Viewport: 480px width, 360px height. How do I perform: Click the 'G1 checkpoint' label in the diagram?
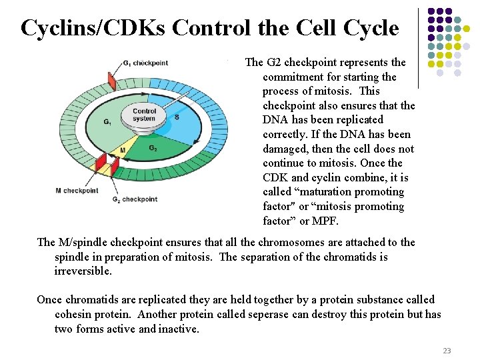click(145, 63)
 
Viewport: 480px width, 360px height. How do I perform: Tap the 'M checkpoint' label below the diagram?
click(77, 191)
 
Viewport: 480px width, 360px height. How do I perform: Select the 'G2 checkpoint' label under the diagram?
click(135, 199)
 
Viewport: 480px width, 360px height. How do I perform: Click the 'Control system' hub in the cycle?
click(144, 115)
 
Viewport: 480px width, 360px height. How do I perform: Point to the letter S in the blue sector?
click(176, 117)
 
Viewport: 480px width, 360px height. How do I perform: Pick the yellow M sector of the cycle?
click(122, 150)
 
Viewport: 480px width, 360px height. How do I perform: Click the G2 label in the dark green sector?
click(153, 148)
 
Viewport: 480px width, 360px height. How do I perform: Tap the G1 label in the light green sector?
click(107, 122)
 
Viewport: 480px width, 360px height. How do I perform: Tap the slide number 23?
click(447, 351)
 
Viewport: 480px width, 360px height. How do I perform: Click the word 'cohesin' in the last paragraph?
click(76, 315)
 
